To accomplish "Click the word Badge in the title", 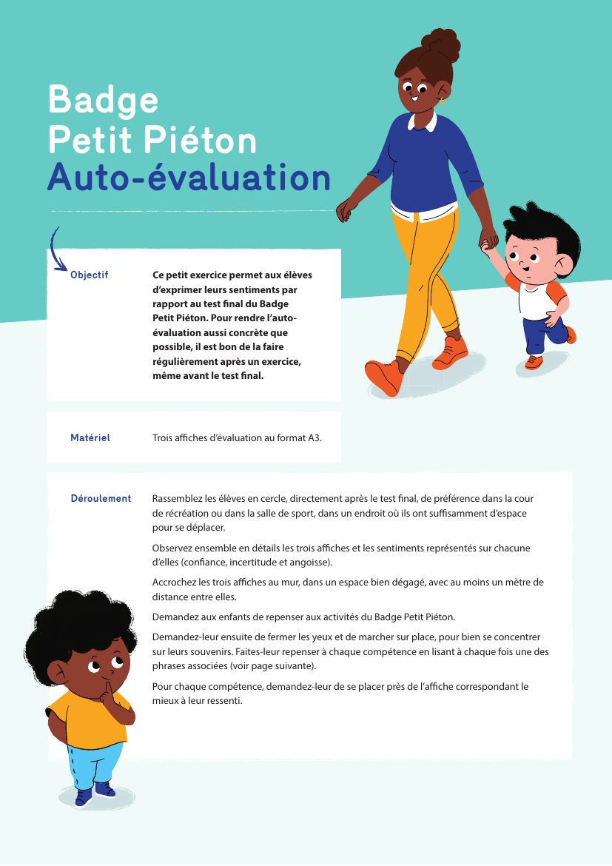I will pyautogui.click(x=103, y=101).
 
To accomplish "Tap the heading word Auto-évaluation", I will pyautogui.click(x=188, y=178).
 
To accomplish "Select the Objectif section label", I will pyautogui.click(x=89, y=275).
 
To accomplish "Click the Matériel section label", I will pyautogui.click(x=90, y=437).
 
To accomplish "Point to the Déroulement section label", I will pyautogui.click(x=101, y=498).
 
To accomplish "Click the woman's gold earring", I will pyautogui.click(x=442, y=101).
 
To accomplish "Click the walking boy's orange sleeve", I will pyautogui.click(x=556, y=290).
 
